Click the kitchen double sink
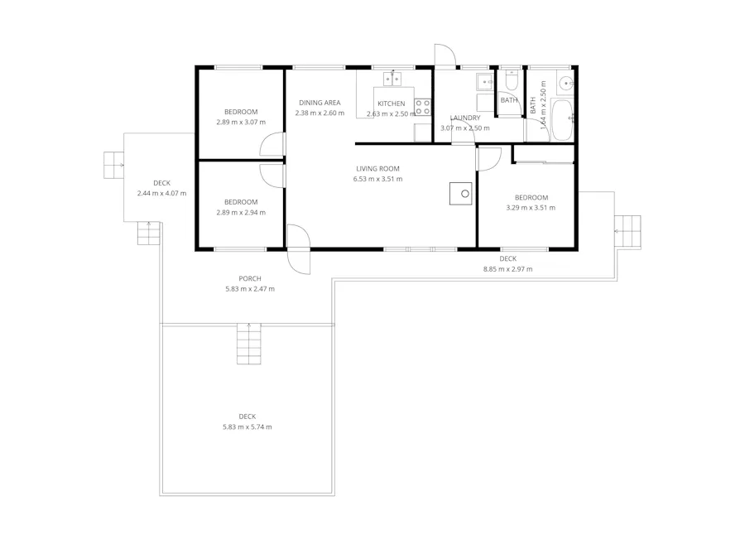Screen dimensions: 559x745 point(392,79)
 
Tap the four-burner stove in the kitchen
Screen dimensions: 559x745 point(423,107)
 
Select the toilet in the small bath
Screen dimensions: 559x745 point(511,80)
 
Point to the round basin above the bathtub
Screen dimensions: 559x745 point(566,82)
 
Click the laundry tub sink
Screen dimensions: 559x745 point(484,81)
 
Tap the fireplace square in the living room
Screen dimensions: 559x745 point(460,193)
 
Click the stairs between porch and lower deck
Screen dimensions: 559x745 point(248,344)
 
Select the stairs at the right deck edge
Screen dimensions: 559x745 point(629,231)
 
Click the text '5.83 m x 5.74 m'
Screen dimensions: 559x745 point(247,427)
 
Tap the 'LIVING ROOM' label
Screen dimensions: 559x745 point(377,169)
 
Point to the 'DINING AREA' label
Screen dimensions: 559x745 point(320,103)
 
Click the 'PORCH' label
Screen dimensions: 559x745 point(249,278)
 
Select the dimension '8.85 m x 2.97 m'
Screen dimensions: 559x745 point(507,269)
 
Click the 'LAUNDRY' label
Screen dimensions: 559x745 point(465,118)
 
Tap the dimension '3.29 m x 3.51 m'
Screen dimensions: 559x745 point(531,208)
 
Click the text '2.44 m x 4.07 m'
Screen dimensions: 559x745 point(161,194)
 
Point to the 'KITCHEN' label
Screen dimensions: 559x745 point(392,104)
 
